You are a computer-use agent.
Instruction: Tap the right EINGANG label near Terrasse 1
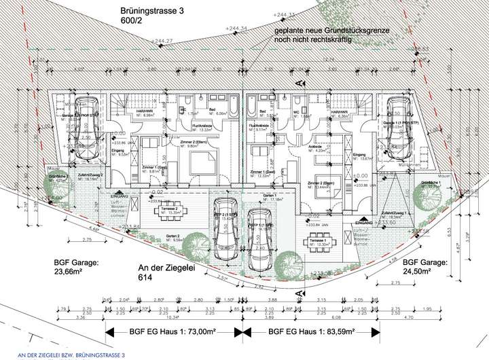click(364, 222)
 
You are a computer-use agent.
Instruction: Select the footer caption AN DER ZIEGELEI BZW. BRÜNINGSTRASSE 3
click(62, 355)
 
